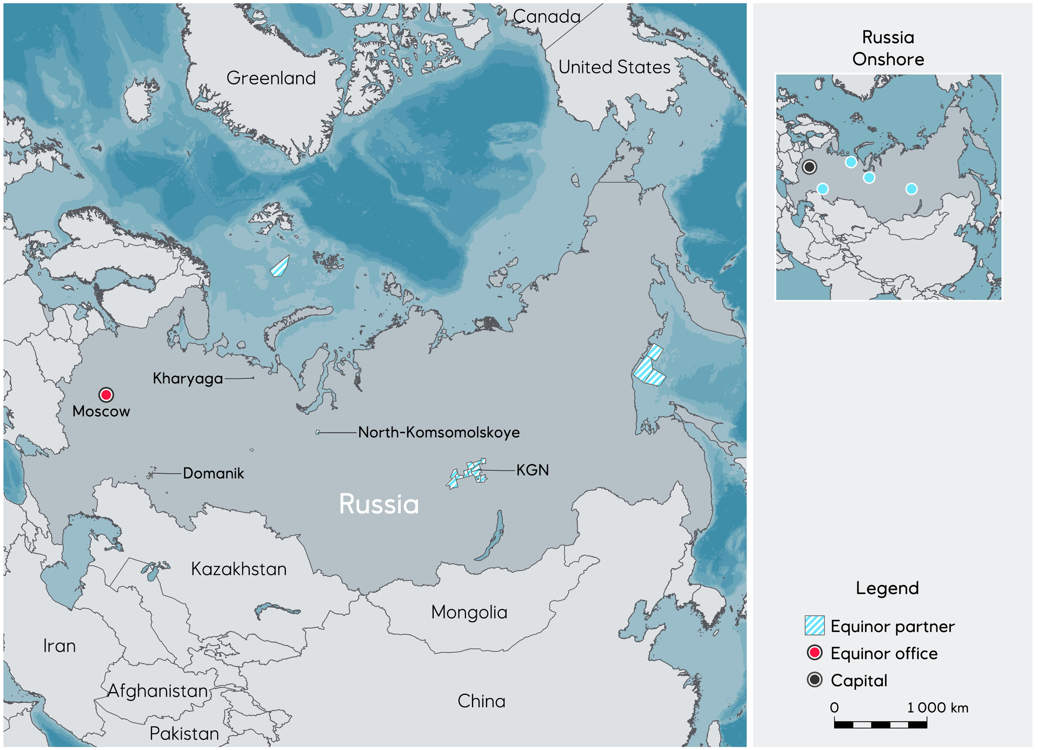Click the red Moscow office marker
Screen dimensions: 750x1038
[x=106, y=395]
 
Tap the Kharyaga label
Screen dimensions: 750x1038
[x=188, y=379]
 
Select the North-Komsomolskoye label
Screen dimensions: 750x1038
[x=438, y=433]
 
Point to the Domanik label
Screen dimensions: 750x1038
[x=213, y=474]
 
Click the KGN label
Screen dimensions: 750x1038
[x=533, y=470]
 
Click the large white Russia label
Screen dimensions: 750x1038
[x=378, y=505]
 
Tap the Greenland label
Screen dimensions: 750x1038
[x=271, y=78]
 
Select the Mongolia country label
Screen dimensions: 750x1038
[x=469, y=613]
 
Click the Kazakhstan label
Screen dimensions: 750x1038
[x=238, y=569]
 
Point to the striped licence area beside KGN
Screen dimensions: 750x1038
[x=468, y=472]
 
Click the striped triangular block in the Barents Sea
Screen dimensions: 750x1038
[x=280, y=267]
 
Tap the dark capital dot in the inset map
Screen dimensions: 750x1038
[x=809, y=167]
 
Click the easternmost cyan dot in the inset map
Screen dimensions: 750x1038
[x=911, y=189]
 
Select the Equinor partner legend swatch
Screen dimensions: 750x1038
[x=814, y=626]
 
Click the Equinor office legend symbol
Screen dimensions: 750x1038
[x=814, y=653]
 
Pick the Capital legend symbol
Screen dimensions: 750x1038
[x=814, y=680]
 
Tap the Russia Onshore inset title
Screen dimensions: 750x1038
[x=888, y=48]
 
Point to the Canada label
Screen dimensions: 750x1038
[x=546, y=17]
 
